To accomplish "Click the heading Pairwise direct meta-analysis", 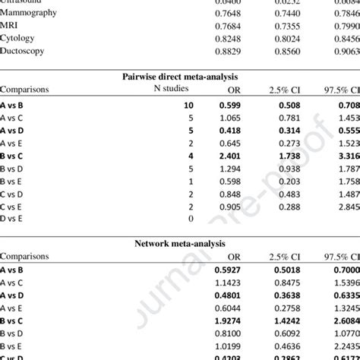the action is [180, 77].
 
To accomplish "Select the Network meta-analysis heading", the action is [179, 245].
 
